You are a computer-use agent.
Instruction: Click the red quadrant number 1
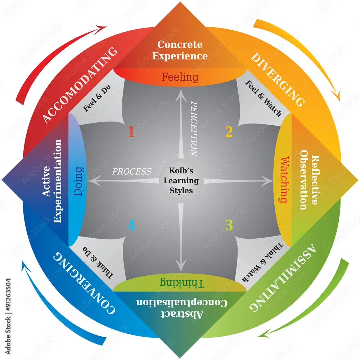131,131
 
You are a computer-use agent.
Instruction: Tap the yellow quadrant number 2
229,131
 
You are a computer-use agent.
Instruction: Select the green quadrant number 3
229,225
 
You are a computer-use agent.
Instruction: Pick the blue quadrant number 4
131,225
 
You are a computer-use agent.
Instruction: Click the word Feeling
180,77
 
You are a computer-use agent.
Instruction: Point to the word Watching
284,180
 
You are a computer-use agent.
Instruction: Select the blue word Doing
78,181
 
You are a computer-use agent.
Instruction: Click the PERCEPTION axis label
194,129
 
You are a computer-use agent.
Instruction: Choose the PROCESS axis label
131,171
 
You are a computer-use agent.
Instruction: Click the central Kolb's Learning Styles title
181,180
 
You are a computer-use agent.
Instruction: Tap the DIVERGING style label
278,80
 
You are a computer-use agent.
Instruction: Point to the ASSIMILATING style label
283,277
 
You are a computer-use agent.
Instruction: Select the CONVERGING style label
84,283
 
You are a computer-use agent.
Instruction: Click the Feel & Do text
96,98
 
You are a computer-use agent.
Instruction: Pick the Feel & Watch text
264,99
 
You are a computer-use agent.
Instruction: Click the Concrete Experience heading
180,50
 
